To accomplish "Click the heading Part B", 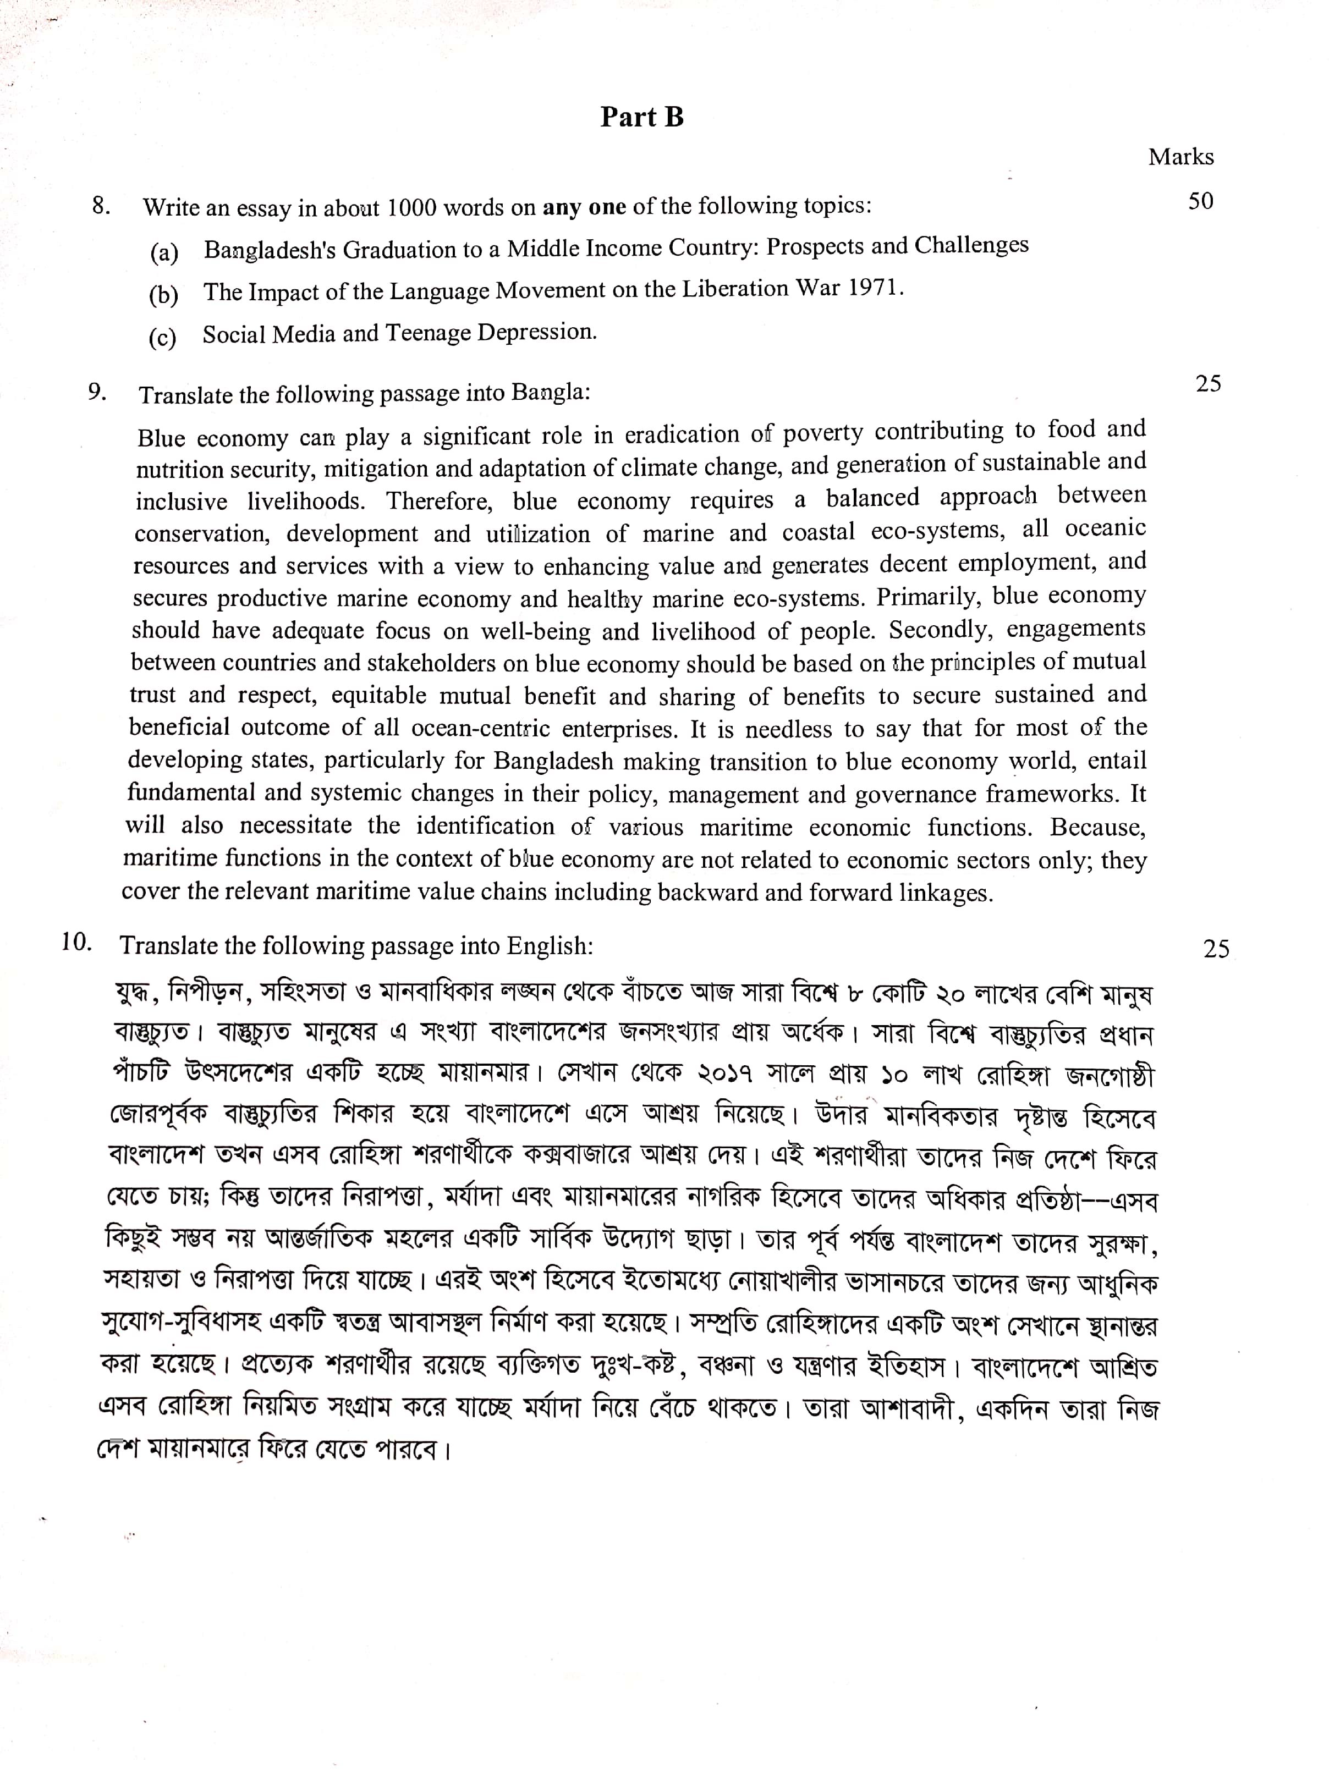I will point(641,117).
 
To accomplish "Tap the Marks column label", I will point(1180,157).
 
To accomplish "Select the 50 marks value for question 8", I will point(1200,201).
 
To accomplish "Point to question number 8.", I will point(101,206).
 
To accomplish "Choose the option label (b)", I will point(163,295).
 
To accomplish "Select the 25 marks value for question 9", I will point(1208,384).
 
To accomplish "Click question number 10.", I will point(76,942).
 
